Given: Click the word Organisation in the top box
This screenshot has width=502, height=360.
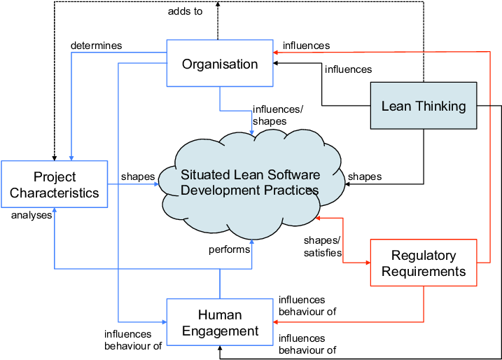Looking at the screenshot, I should pyautogui.click(x=220, y=64).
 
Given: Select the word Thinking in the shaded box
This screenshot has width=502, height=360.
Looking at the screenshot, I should pyautogui.click(x=440, y=106).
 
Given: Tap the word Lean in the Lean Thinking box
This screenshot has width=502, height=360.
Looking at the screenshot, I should pyautogui.click(x=396, y=106).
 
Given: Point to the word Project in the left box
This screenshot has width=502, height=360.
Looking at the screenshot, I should pyautogui.click(x=55, y=176).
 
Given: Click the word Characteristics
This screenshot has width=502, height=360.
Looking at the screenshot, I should pyautogui.click(x=55, y=193).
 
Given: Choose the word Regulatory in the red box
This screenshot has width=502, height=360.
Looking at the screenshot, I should pyautogui.click(x=423, y=256).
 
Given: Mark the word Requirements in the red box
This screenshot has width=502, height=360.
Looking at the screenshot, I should pyautogui.click(x=423, y=271).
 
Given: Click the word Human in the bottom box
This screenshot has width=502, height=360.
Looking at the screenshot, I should pyautogui.click(x=220, y=315).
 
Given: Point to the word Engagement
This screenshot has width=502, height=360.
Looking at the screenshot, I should pyautogui.click(x=220, y=331).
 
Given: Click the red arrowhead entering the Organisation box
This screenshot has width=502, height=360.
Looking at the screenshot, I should pyautogui.click(x=277, y=52).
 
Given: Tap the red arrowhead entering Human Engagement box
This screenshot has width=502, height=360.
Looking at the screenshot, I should pyautogui.click(x=277, y=322).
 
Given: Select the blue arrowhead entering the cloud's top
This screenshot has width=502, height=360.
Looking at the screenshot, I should pyautogui.click(x=252, y=132).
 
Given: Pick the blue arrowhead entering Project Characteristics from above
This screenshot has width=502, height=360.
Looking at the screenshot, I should pyautogui.click(x=71, y=157).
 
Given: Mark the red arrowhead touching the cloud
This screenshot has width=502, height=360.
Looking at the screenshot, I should pyautogui.click(x=319, y=218).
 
